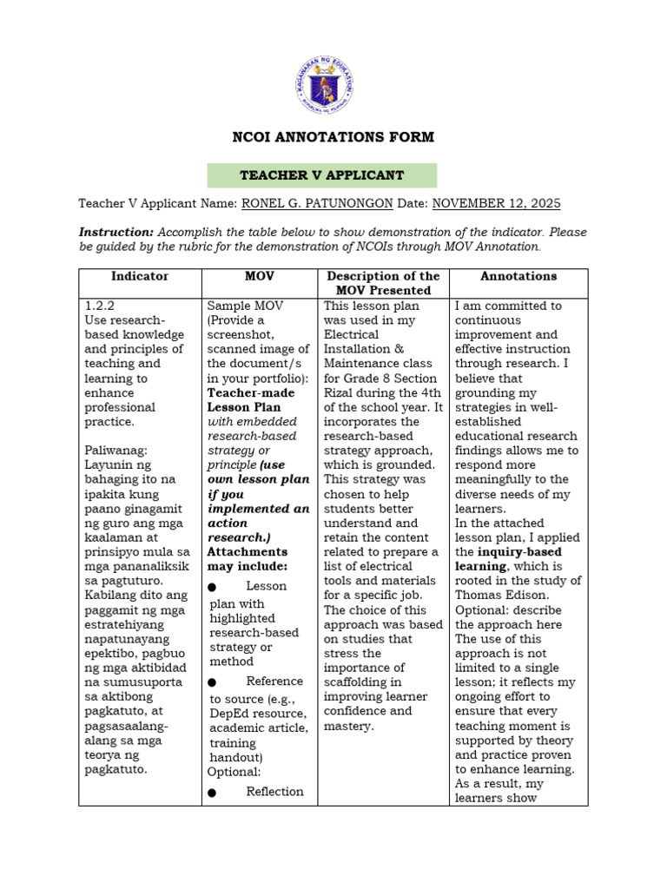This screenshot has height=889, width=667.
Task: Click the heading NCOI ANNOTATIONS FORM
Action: pos(333,137)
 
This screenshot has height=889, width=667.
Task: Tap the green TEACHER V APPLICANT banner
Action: pos(322,175)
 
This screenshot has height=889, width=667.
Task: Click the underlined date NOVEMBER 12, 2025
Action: pos(496,204)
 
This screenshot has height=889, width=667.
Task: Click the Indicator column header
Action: pos(140,276)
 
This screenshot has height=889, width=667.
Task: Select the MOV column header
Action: pos(261,276)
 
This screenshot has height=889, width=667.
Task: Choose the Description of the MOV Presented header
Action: pos(384,283)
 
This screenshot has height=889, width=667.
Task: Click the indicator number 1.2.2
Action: pos(101,306)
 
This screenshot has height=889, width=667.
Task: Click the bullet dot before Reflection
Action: pos(213,792)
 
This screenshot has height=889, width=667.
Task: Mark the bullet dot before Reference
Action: pos(213,682)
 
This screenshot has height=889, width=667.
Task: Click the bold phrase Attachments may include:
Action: pos(247,559)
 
